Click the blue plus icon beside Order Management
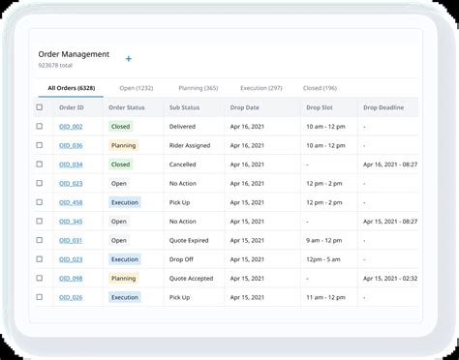[x=129, y=59]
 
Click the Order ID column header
[x=70, y=107]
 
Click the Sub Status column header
[x=184, y=107]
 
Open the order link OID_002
[x=71, y=127]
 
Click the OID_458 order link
[x=71, y=202]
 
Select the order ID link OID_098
[x=71, y=279]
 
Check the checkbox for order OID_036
[x=40, y=145]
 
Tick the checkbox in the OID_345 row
[x=40, y=222]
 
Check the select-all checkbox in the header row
[x=40, y=107]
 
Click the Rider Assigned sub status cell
[x=190, y=145]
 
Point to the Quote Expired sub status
[x=190, y=240]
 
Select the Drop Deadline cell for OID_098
[x=390, y=279]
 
